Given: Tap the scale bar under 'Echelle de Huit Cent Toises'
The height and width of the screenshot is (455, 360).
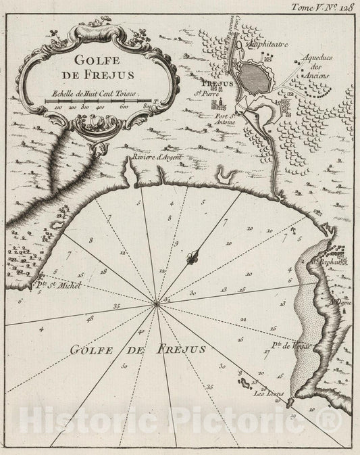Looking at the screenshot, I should pyautogui.click(x=99, y=101).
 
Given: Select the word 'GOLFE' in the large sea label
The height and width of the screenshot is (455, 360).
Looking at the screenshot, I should pyautogui.click(x=92, y=351).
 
